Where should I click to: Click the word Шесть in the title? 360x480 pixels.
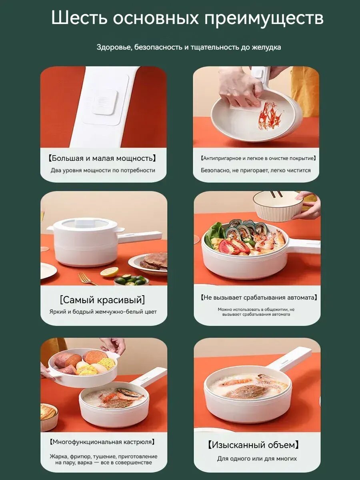[79, 17]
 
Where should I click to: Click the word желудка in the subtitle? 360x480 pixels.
[266, 48]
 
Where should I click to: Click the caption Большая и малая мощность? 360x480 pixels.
[102, 158]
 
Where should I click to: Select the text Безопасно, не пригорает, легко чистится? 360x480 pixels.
[256, 170]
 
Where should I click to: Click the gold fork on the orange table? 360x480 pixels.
[86, 278]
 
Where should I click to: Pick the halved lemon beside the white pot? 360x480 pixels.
[110, 272]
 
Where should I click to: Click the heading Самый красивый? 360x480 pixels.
[102, 300]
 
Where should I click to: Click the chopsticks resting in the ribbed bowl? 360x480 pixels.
[276, 194]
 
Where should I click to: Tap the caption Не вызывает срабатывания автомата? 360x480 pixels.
[258, 298]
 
